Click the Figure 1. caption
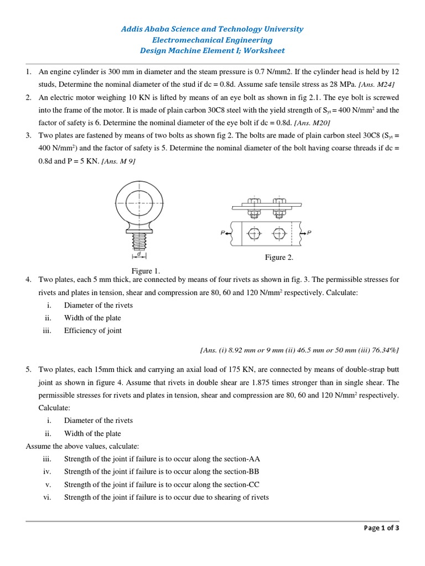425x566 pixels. point(146,270)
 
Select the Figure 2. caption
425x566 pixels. point(279,257)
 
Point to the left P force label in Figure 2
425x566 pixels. point(223,233)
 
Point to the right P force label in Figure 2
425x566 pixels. point(309,233)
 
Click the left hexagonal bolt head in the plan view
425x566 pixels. point(253,234)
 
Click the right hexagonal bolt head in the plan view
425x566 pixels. point(279,234)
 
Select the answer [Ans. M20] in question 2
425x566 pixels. point(312,123)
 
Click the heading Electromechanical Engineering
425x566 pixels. point(212,40)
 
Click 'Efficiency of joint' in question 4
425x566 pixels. point(93,331)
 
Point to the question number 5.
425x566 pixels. point(28,369)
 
